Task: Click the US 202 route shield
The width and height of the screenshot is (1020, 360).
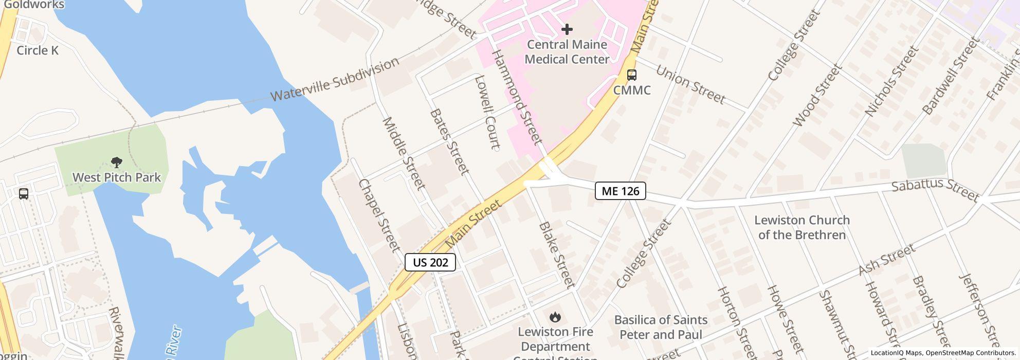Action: pyautogui.click(x=430, y=262)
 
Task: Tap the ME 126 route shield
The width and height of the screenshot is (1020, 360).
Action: pyautogui.click(x=620, y=191)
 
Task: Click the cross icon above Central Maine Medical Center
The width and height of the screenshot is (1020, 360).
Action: pyautogui.click(x=567, y=29)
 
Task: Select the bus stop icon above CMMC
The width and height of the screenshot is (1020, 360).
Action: pyautogui.click(x=632, y=75)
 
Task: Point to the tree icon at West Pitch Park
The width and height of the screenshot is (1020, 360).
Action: pyautogui.click(x=117, y=163)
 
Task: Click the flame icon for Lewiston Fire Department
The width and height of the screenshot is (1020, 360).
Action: pyautogui.click(x=555, y=317)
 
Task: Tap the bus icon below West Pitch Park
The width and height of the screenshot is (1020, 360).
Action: pyautogui.click(x=24, y=194)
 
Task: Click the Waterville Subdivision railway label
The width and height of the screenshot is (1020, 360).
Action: pyautogui.click(x=335, y=79)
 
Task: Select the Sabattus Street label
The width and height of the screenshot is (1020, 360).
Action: pyautogui.click(x=935, y=191)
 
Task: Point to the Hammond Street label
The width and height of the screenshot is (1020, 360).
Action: pyautogui.click(x=517, y=97)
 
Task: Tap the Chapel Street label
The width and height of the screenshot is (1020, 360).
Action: pyautogui.click(x=379, y=215)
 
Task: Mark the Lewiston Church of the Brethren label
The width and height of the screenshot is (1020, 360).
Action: pyautogui.click(x=802, y=227)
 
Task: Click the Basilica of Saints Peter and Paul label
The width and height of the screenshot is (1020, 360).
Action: pyautogui.click(x=661, y=327)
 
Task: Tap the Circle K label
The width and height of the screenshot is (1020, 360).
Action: pyautogui.click(x=38, y=50)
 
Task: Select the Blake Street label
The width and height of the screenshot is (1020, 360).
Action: pyautogui.click(x=556, y=255)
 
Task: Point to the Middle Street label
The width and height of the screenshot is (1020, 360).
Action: pyautogui.click(x=404, y=153)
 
